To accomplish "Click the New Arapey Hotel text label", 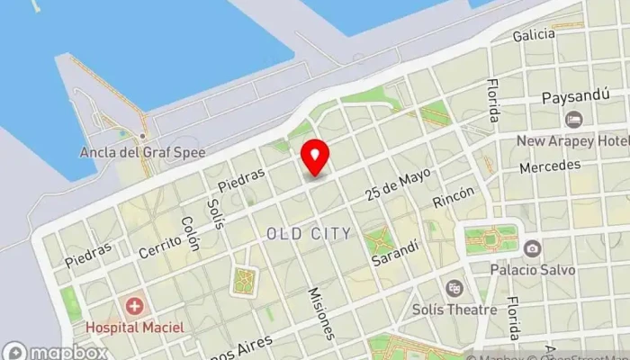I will [571, 140].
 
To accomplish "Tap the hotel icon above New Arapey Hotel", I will [572, 120].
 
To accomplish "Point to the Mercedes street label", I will [549, 167].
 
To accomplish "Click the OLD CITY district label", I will [309, 234].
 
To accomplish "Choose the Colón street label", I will [190, 232].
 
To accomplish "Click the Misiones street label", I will [321, 312].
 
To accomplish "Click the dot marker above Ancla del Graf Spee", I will [141, 136].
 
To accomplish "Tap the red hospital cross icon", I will [135, 307].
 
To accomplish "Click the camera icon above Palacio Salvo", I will [532, 248].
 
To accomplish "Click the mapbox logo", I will [56, 351].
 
